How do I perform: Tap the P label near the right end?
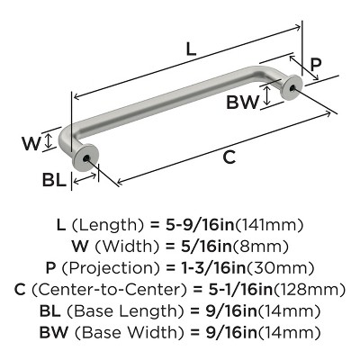tap(316, 64)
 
